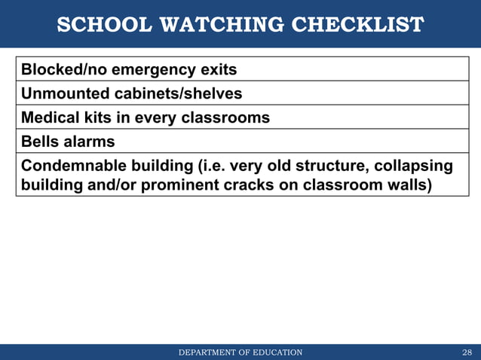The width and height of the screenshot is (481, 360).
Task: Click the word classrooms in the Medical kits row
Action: (x=228, y=118)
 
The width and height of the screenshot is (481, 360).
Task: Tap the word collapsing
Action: (x=410, y=166)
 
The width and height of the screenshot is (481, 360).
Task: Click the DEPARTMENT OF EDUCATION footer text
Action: (x=240, y=352)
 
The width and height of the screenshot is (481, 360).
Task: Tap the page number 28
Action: (x=466, y=352)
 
